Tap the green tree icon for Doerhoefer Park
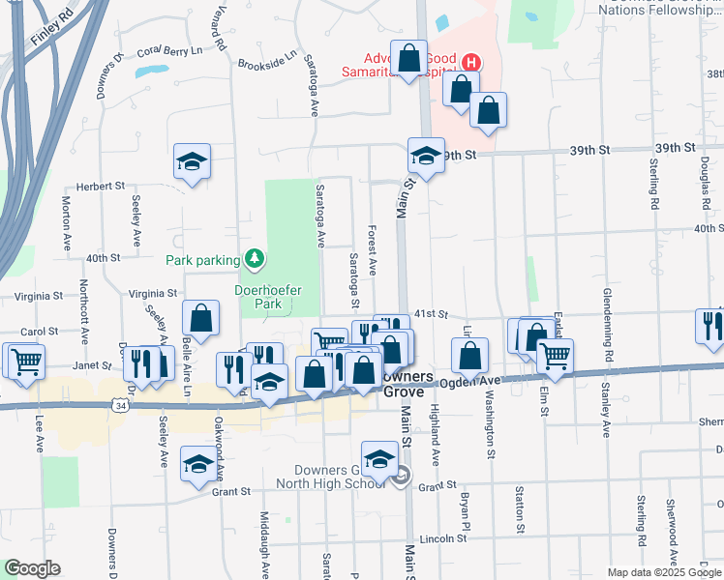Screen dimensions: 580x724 click(x=255, y=258)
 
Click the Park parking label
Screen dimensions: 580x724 click(x=202, y=259)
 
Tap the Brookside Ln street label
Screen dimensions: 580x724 click(x=266, y=61)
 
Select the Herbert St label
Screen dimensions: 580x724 click(x=101, y=186)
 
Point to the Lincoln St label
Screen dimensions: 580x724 click(x=445, y=537)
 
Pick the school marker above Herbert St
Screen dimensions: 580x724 click(x=193, y=161)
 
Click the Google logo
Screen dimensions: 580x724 click(x=32, y=568)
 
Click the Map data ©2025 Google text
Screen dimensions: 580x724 click(x=664, y=572)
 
